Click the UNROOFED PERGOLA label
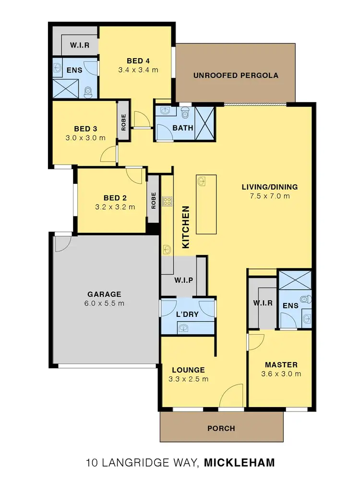tap(236, 75)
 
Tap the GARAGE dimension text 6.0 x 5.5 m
tap(104, 303)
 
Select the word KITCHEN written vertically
tap(187, 227)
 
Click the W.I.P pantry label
tap(183, 280)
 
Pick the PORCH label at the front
tap(222, 428)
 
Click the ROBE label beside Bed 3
tap(123, 122)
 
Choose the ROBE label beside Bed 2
tap(154, 200)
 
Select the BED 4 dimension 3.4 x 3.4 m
tap(138, 70)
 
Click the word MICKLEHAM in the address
tap(239, 463)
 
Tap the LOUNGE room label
tap(188, 370)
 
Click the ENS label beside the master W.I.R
tap(291, 305)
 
